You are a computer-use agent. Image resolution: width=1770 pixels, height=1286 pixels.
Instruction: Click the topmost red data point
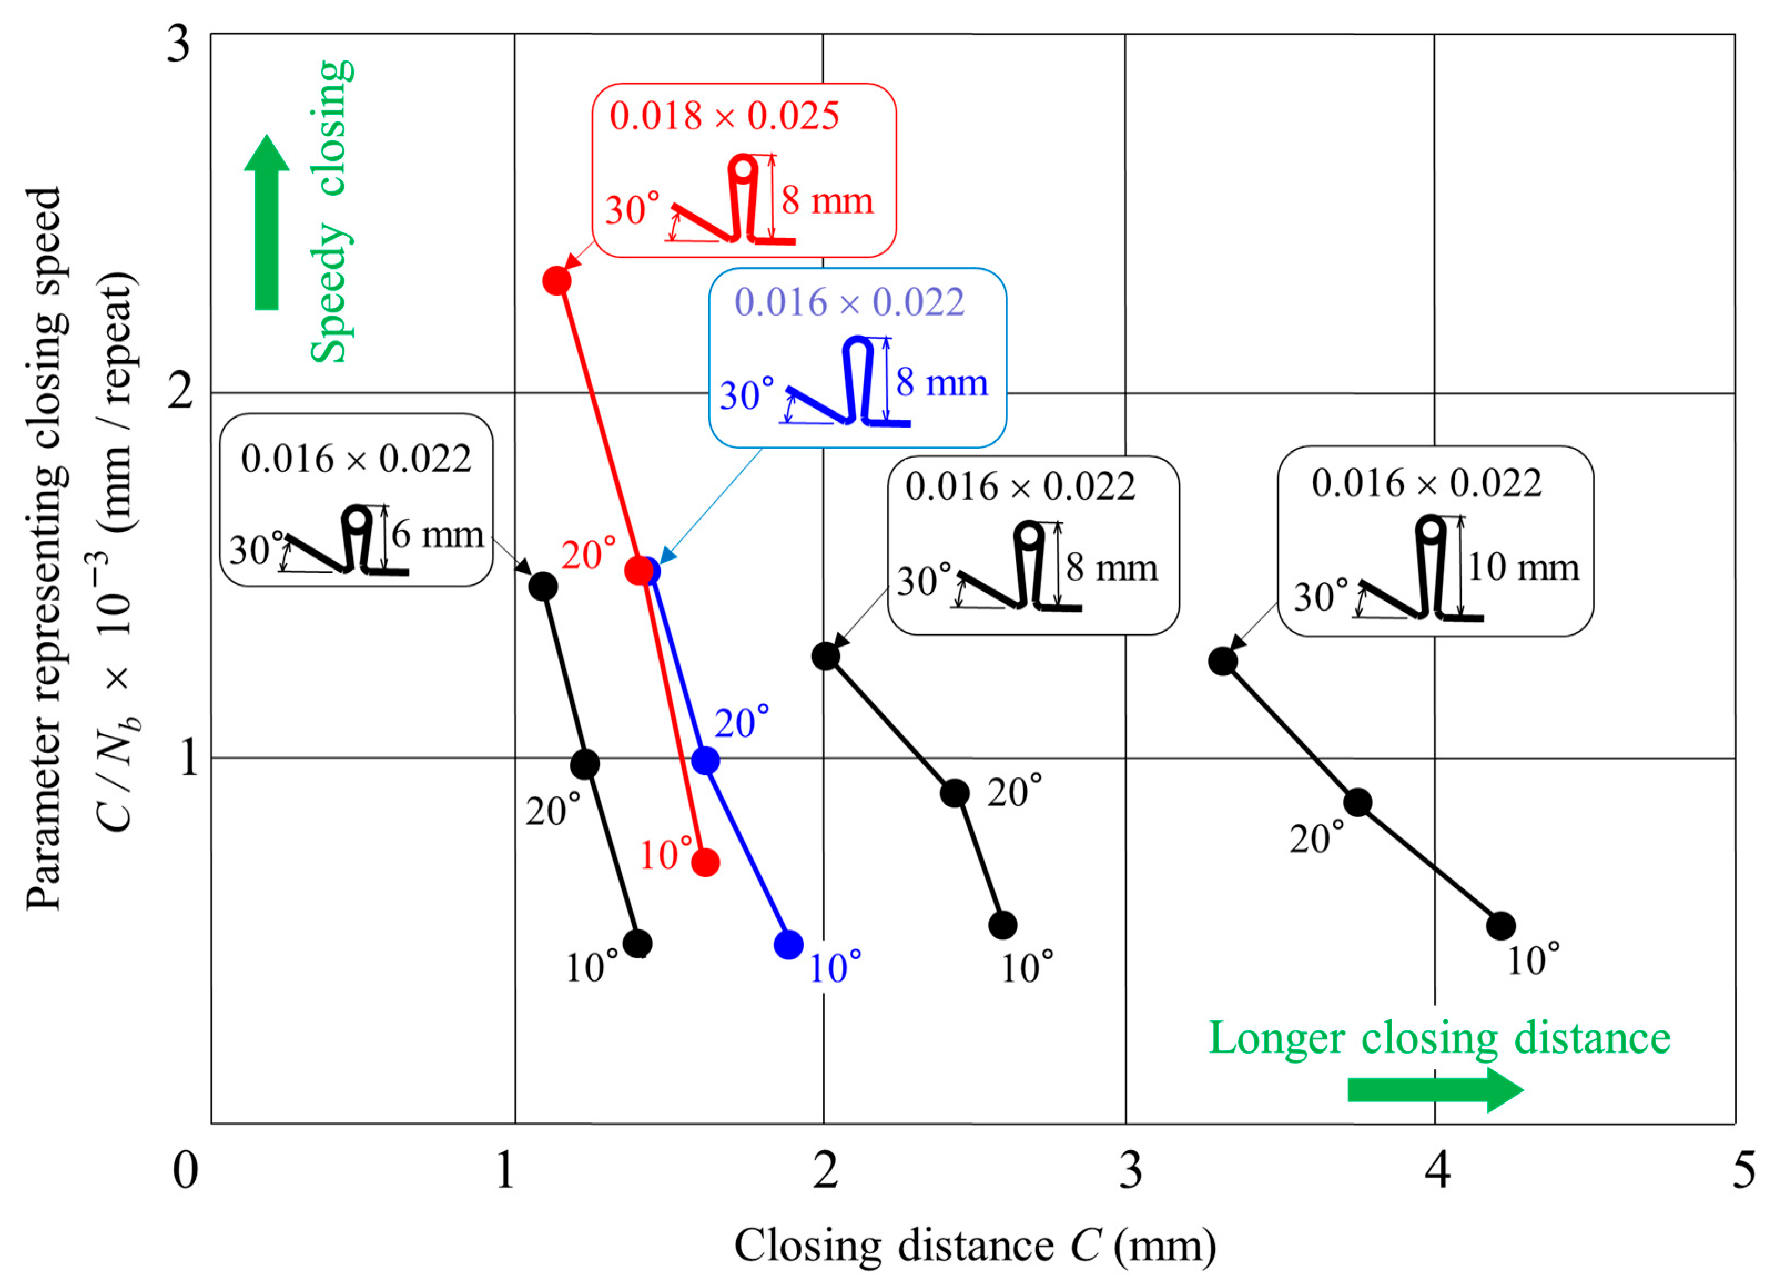556,280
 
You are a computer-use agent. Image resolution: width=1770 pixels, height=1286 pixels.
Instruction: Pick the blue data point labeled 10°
788,945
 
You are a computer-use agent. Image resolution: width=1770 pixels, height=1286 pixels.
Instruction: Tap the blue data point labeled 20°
706,760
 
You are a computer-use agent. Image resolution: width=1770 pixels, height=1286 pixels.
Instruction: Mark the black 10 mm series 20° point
1358,801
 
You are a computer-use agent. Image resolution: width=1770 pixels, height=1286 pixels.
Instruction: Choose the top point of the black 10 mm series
1223,662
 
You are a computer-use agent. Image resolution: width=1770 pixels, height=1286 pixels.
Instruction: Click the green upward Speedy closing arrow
267,223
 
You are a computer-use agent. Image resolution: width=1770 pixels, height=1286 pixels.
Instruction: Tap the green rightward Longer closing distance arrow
1434,1090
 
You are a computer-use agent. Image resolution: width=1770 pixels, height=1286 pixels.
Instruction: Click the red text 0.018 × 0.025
724,116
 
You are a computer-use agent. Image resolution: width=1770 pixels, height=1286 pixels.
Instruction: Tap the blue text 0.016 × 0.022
849,302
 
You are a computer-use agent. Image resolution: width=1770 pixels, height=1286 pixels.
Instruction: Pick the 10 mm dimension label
1523,567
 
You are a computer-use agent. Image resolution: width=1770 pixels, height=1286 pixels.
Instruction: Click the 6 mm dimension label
437,535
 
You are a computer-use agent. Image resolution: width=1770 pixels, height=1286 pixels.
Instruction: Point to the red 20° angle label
589,554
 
